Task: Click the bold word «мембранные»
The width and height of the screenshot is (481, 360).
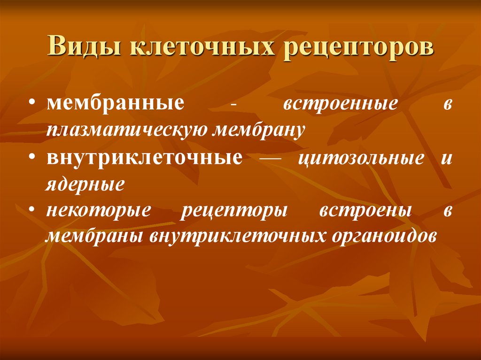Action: tap(116, 104)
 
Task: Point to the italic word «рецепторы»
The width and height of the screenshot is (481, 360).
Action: tap(234, 211)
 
